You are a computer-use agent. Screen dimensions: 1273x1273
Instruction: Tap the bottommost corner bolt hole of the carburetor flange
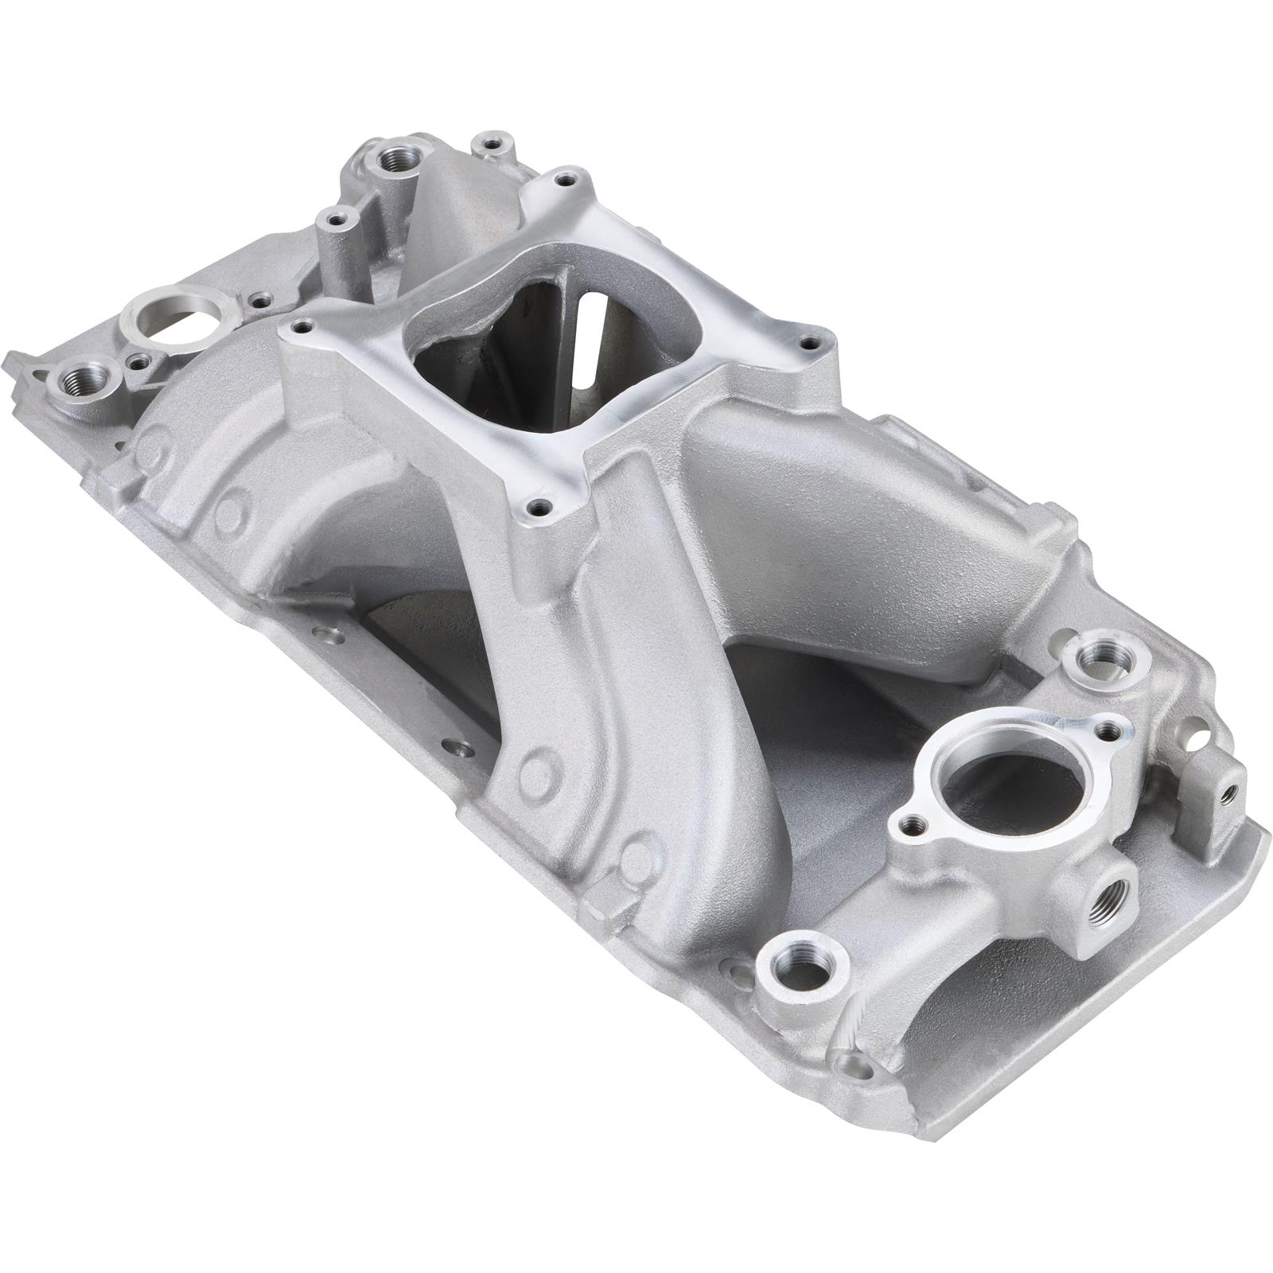542,504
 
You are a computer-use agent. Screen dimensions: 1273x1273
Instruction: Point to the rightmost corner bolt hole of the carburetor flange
810,344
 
